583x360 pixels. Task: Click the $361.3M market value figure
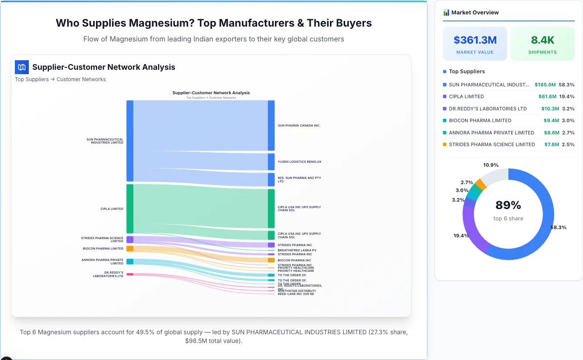pos(475,40)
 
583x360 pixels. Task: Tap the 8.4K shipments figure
pos(542,40)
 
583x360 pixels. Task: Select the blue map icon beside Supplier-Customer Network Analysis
pos(22,67)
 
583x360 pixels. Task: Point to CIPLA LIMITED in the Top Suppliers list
pos(466,96)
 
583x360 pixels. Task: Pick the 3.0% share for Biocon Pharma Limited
pos(568,120)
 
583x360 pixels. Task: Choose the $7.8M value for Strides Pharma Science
pos(551,144)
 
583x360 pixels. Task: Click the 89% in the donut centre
pos(508,205)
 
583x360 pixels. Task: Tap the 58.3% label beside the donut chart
pos(558,227)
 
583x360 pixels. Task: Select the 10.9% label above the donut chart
pos(490,165)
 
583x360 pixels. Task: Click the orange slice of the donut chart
pos(480,184)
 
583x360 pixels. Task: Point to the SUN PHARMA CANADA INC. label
pos(299,126)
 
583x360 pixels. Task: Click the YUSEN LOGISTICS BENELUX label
pos(299,162)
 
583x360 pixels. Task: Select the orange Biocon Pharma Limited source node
pos(130,249)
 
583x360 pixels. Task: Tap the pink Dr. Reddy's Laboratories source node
pos(130,274)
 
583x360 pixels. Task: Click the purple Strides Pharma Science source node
pos(130,240)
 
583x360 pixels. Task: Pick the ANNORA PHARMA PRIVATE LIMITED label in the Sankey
pos(102,261)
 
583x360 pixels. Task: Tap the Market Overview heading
pos(475,12)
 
